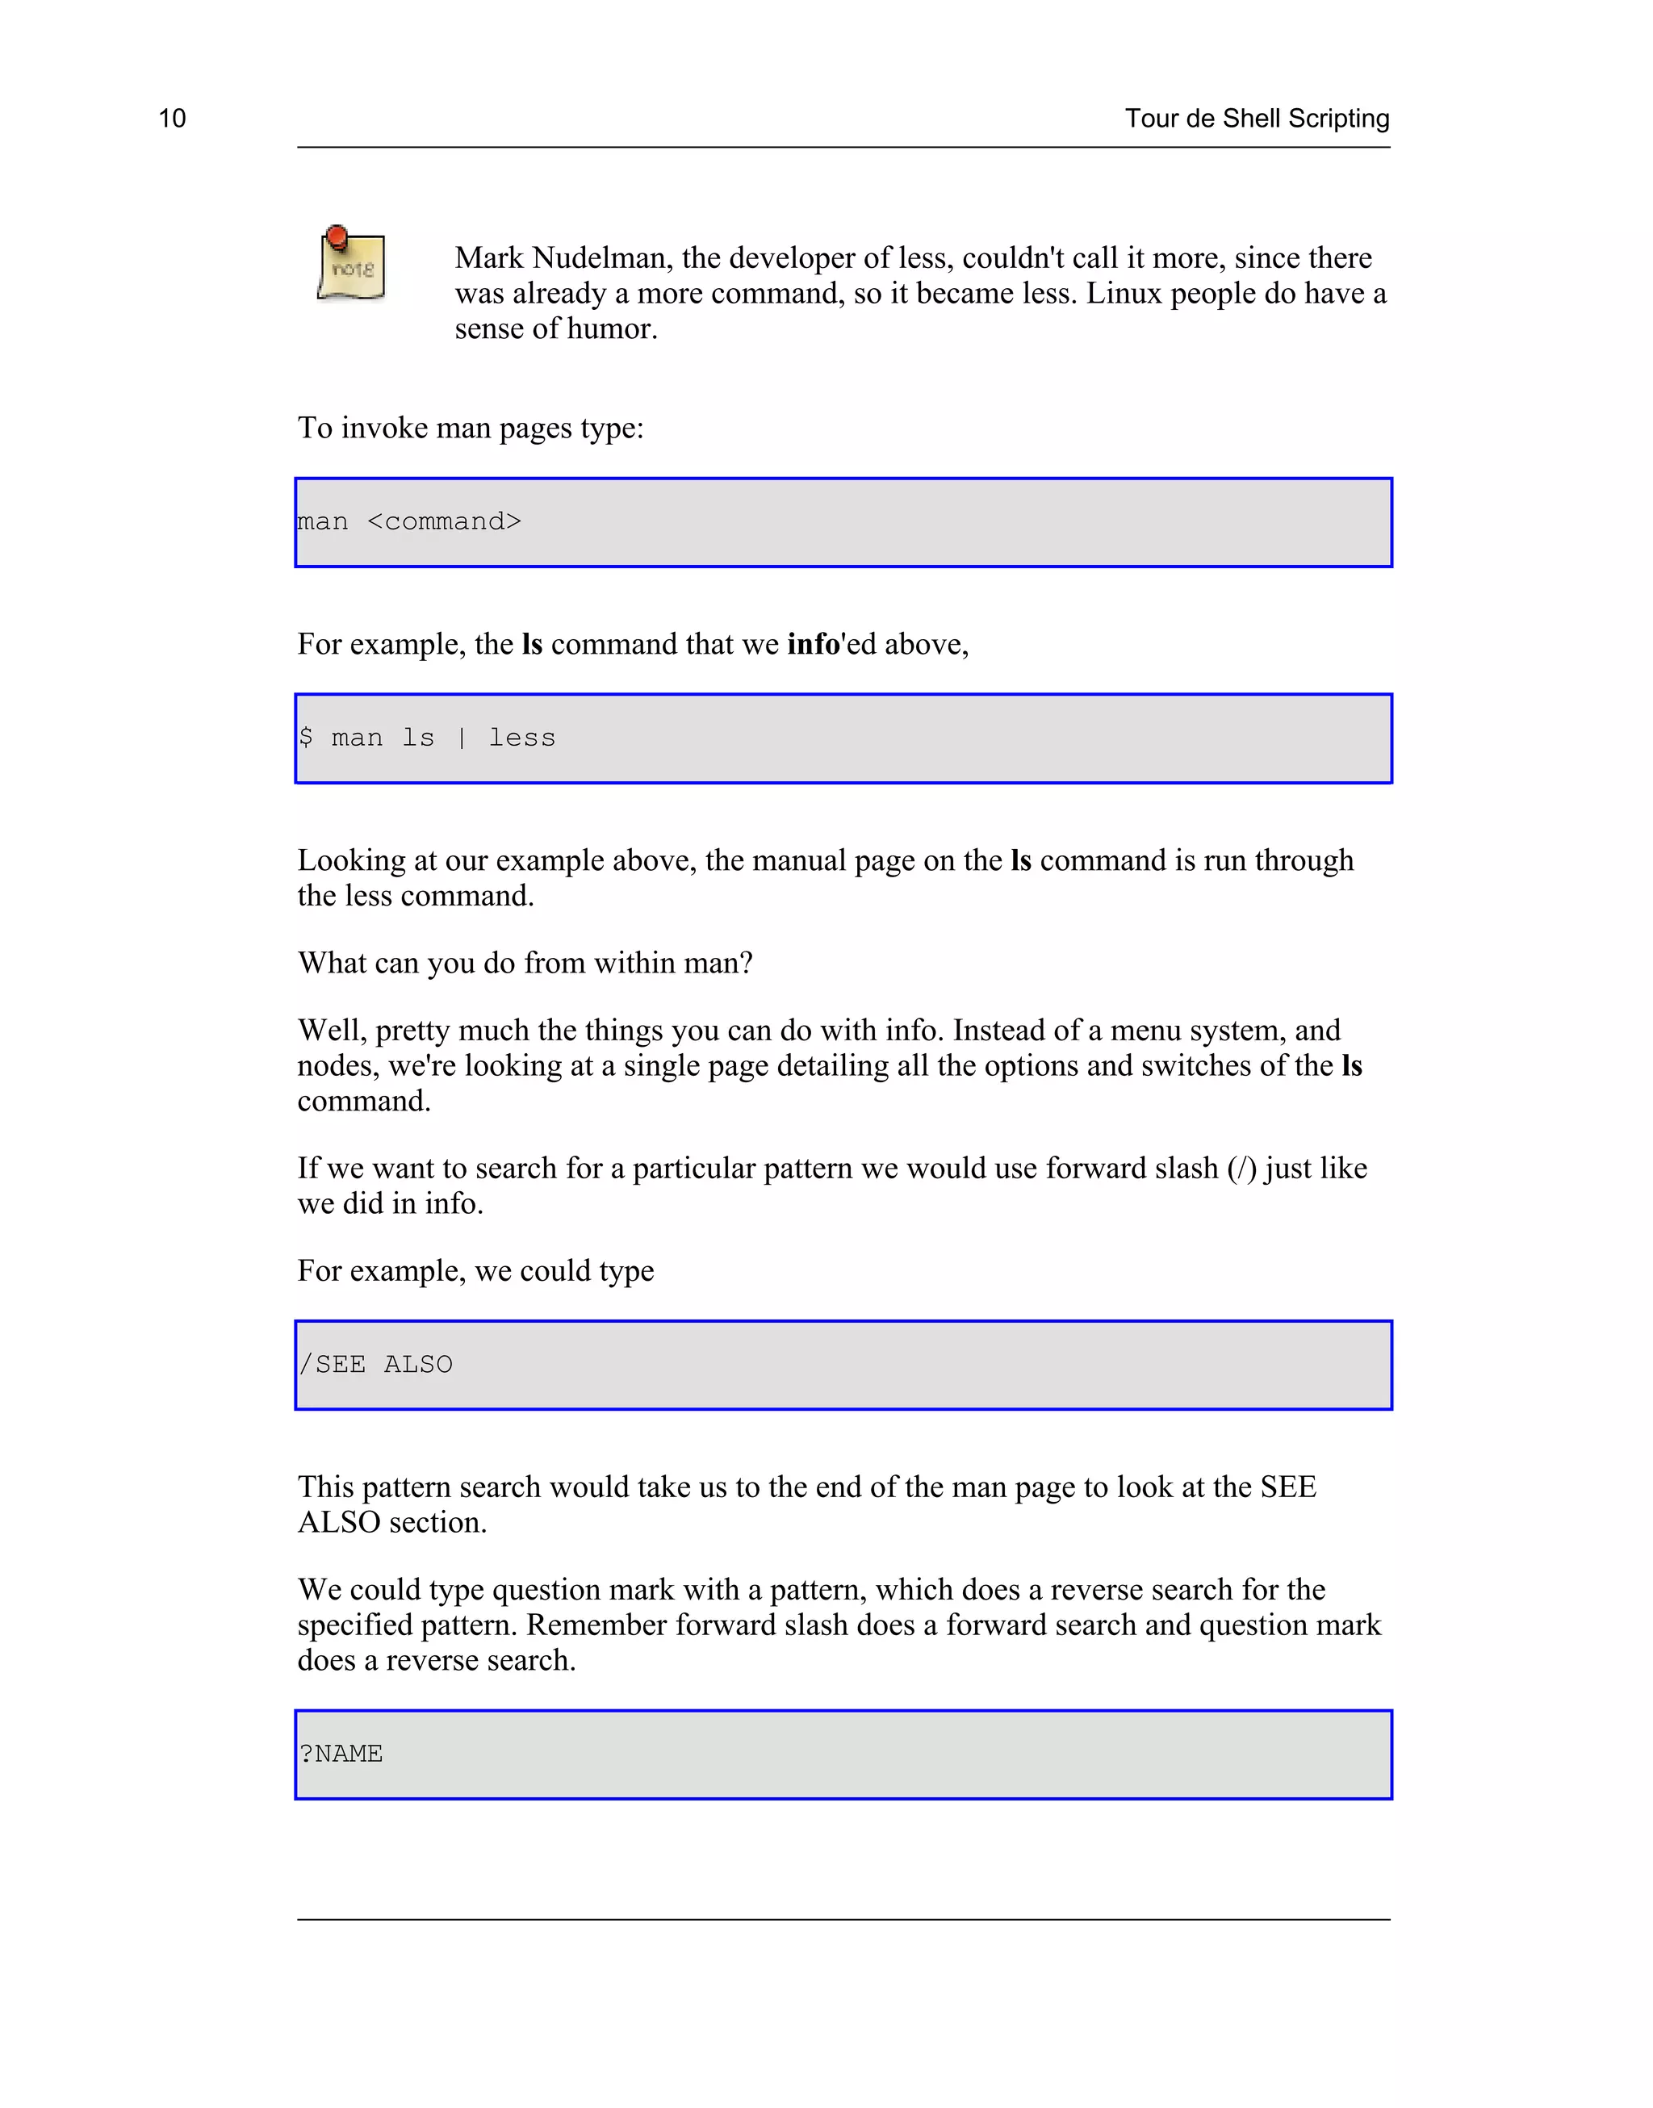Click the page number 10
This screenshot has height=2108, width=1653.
point(172,118)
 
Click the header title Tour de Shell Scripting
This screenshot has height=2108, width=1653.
point(1256,118)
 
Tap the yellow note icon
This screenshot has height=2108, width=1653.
point(352,267)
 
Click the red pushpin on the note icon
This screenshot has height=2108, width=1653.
point(337,235)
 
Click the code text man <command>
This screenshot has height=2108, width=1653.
point(409,522)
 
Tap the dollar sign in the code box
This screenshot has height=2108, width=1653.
point(306,738)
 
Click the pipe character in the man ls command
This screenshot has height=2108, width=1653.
point(462,738)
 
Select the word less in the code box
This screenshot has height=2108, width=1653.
point(521,738)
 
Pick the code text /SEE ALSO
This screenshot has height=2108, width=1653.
point(375,1365)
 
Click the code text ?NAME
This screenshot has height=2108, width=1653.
point(341,1754)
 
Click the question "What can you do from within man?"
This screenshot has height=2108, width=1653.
point(525,964)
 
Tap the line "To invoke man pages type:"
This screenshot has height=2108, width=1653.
point(471,428)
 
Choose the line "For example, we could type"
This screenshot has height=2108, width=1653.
point(475,1271)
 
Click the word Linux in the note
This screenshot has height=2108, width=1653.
point(1124,293)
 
